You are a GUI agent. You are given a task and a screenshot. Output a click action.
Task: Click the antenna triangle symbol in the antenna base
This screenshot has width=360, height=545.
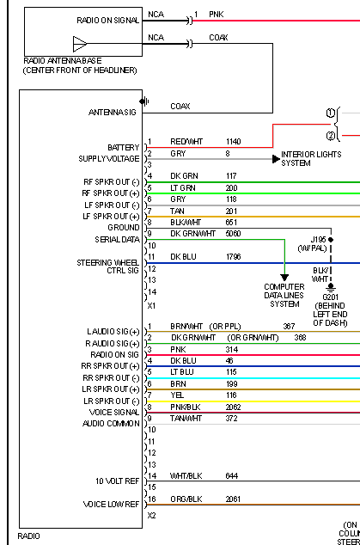pos(80,44)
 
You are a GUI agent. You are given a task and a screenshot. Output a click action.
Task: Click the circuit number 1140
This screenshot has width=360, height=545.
pos(233,142)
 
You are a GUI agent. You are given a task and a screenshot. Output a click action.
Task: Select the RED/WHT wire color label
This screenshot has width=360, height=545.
pos(186,142)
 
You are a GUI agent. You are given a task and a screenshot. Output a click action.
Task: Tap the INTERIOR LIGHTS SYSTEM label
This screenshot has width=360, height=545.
pos(311,158)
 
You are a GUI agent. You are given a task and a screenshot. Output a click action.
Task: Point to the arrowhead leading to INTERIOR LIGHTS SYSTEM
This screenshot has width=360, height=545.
pos(277,159)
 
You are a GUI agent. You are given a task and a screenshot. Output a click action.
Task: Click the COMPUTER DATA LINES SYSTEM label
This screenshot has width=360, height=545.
pos(284,296)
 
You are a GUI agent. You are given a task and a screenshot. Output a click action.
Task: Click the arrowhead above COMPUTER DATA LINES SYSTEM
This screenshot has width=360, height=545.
pos(284,278)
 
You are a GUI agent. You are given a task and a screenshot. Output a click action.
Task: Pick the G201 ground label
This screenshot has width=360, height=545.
pos(330,297)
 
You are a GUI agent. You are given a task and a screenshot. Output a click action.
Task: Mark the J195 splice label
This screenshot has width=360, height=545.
pos(318,240)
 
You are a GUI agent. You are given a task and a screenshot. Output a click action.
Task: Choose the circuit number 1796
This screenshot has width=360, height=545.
pos(233,257)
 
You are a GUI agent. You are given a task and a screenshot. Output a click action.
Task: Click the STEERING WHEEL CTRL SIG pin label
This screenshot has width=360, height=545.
pos(107,266)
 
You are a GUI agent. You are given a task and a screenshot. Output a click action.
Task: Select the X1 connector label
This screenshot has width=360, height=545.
pos(151,306)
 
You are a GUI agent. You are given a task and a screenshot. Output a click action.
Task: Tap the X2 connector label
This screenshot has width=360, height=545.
pos(151,516)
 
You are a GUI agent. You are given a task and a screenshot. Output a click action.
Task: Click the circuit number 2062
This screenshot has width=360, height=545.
pos(233,407)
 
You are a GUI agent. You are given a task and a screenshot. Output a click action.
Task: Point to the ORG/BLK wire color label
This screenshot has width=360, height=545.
pos(186,499)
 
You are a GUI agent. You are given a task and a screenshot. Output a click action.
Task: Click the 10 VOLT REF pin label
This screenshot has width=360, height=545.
pos(118,481)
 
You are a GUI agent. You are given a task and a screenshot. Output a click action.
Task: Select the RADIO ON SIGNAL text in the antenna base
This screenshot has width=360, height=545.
pos(107,21)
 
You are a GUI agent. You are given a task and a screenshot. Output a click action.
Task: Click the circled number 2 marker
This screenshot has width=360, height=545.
pos(331,136)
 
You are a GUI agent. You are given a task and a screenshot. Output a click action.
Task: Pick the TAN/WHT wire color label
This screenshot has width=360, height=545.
pos(186,419)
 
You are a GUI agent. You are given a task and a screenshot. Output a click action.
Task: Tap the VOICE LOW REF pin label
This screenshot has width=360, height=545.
pos(111,505)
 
